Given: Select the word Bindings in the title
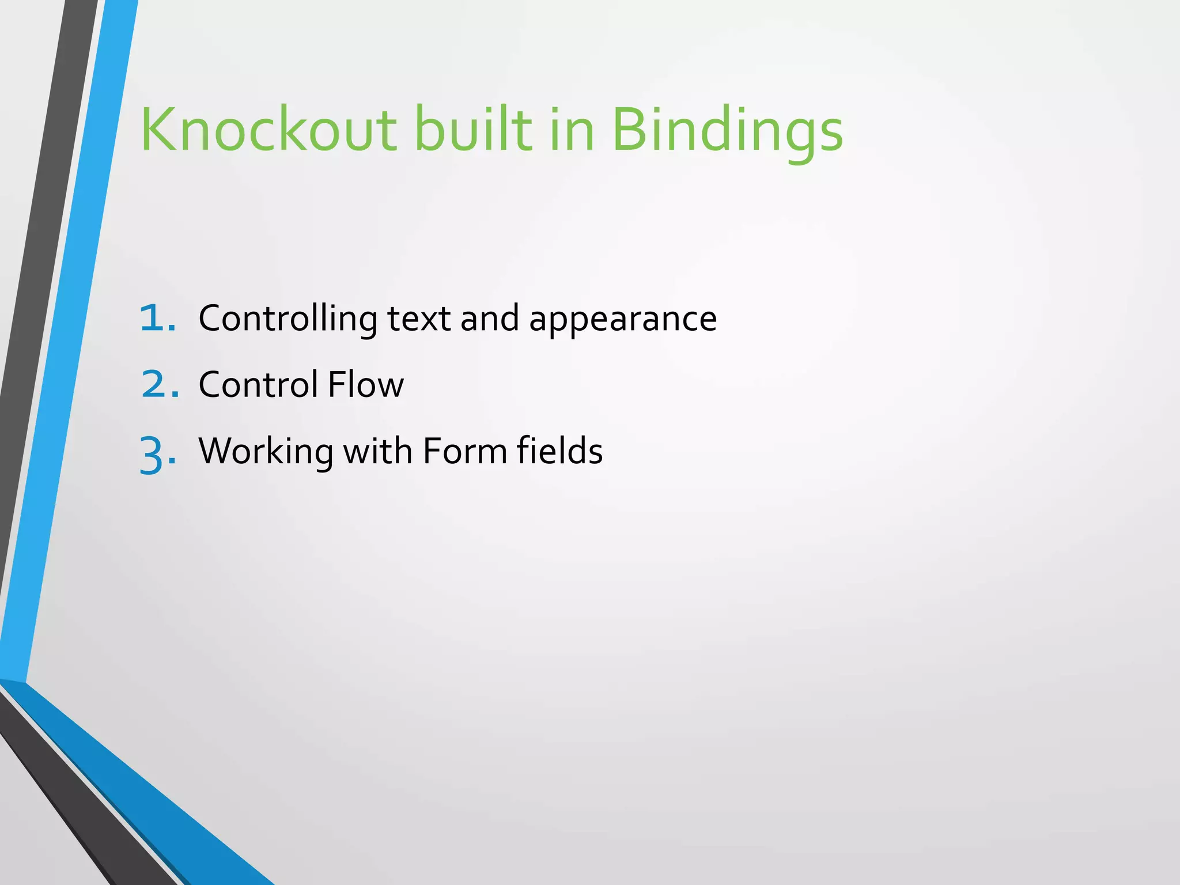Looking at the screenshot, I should click(x=727, y=131).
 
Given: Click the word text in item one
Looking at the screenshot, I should click(x=419, y=318).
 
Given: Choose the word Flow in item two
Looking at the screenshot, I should click(x=366, y=384).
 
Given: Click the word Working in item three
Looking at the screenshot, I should click(x=266, y=451).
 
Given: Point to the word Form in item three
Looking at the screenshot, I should click(x=464, y=451).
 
